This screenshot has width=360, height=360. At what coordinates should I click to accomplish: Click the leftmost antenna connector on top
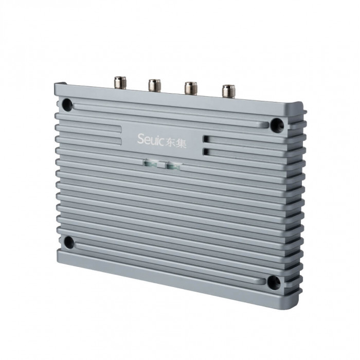coord(120,82)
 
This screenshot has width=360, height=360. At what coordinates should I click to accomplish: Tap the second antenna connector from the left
coord(154,86)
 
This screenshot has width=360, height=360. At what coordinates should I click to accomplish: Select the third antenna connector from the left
coord(191,88)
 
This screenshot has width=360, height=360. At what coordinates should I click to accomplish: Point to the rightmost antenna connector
coord(229,92)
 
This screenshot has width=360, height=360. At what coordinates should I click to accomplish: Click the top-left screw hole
coord(67,105)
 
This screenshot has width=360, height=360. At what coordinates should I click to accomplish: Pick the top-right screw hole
coord(277,125)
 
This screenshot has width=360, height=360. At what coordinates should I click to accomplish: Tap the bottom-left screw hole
coord(68,242)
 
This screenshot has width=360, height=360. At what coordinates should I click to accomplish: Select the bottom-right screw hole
coord(274,282)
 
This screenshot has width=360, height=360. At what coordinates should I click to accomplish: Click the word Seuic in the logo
coord(151,139)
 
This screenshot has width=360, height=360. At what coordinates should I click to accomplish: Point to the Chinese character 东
coord(170,142)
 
